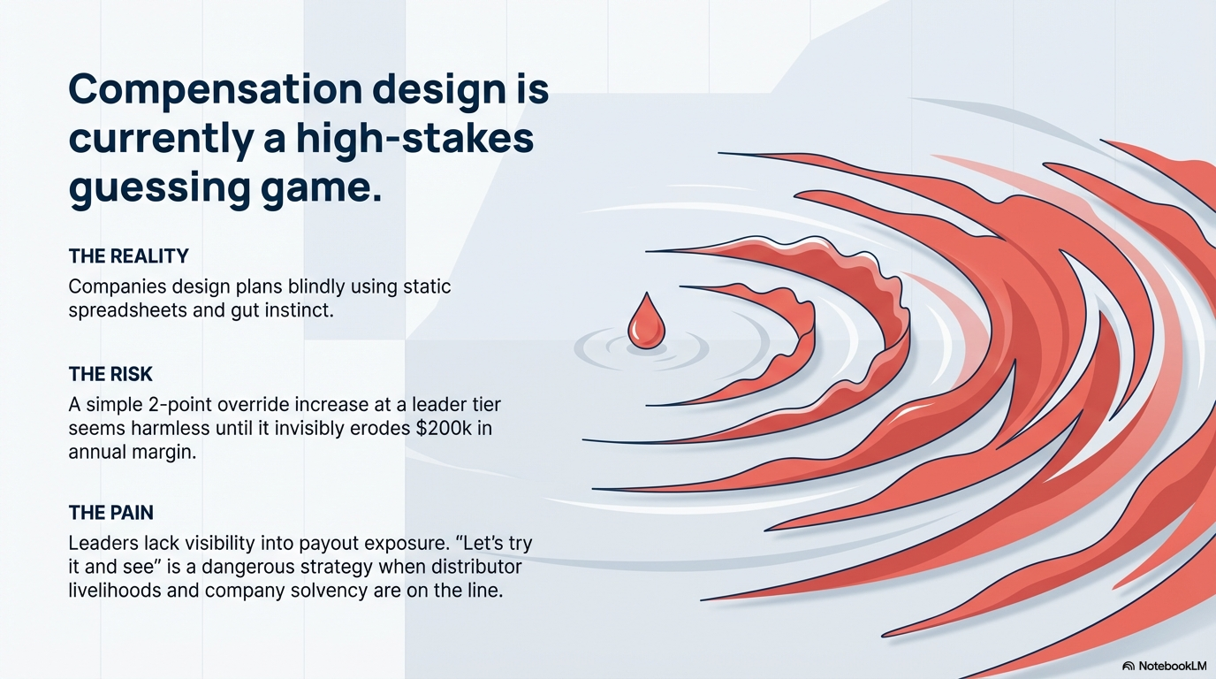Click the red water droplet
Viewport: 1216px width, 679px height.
pos(645,321)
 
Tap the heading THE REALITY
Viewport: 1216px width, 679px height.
pos(128,256)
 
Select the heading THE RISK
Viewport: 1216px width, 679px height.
pos(110,375)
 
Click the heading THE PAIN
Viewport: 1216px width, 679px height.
pos(110,513)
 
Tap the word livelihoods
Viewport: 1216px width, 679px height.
pos(121,591)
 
